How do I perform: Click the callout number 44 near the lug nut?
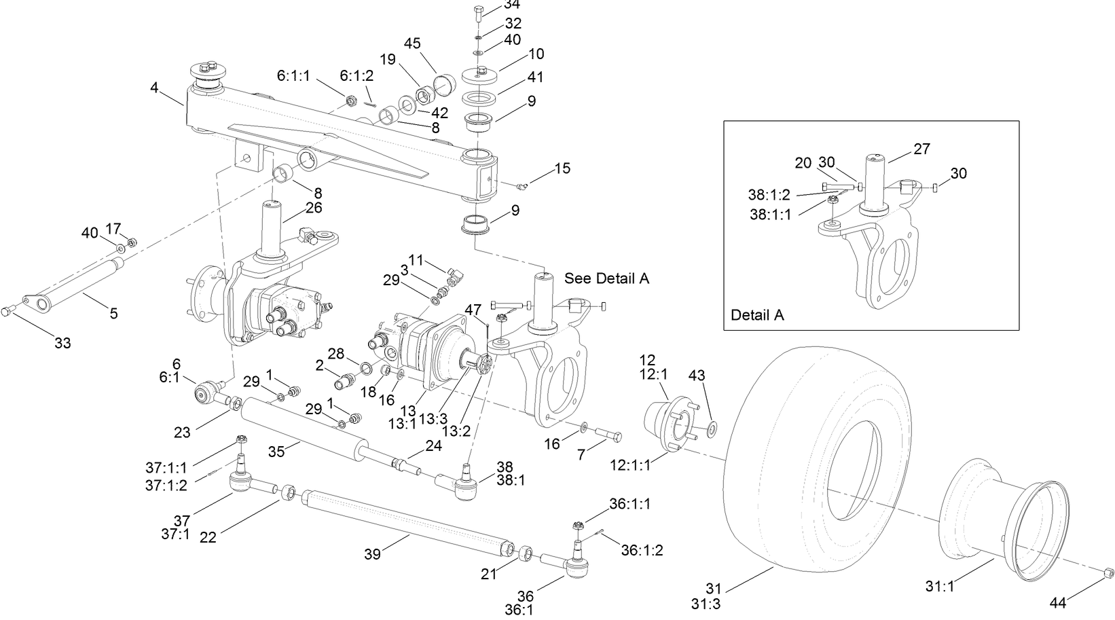coord(1058,602)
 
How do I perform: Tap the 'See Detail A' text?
coord(606,278)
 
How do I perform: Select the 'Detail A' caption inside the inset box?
coord(757,315)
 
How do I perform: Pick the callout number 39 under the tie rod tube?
coord(372,554)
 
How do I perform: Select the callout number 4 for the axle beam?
coord(155,88)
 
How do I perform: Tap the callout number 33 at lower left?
coord(62,343)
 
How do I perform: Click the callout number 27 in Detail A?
coord(921,149)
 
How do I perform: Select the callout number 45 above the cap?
coord(412,43)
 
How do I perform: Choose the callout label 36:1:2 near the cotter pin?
coord(642,551)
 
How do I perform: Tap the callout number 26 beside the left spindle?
coord(314,208)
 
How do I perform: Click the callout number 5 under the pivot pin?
coord(113,313)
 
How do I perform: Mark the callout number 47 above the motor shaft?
coord(473,310)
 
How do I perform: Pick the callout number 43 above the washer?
coord(697,375)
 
